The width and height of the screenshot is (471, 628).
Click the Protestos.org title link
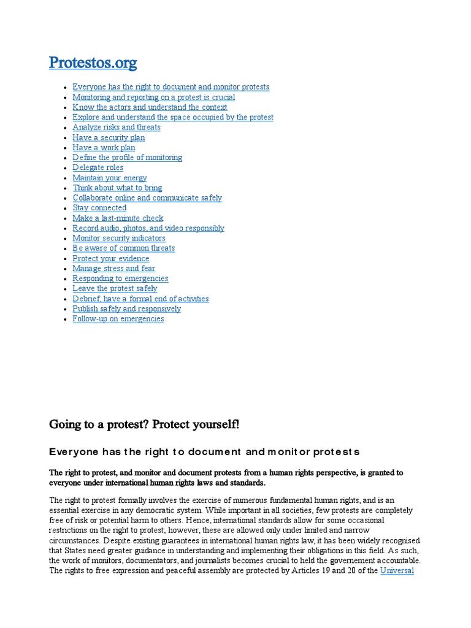(93, 63)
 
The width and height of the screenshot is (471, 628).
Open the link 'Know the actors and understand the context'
(150, 107)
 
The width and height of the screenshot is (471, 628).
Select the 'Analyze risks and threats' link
(117, 128)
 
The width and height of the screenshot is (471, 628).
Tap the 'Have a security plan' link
(109, 138)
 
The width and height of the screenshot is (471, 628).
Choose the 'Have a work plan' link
(104, 148)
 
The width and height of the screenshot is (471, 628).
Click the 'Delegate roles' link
(98, 167)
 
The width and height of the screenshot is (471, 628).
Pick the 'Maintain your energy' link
(110, 178)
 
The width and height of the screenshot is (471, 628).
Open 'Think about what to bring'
(117, 188)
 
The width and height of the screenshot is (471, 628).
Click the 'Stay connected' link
(99, 208)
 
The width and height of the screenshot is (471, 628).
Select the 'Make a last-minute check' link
(118, 218)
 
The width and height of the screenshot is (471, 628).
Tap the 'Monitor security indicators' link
(119, 238)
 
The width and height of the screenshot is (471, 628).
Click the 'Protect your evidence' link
(111, 259)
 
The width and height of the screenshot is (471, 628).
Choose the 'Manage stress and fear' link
(113, 269)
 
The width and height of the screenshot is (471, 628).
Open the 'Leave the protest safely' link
(115, 288)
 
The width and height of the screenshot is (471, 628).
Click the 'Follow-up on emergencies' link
(118, 319)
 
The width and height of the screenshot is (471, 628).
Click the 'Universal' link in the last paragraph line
(397, 570)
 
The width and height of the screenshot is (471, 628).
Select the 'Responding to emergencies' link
(120, 278)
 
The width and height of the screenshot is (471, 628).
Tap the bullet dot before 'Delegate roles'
(66, 168)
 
